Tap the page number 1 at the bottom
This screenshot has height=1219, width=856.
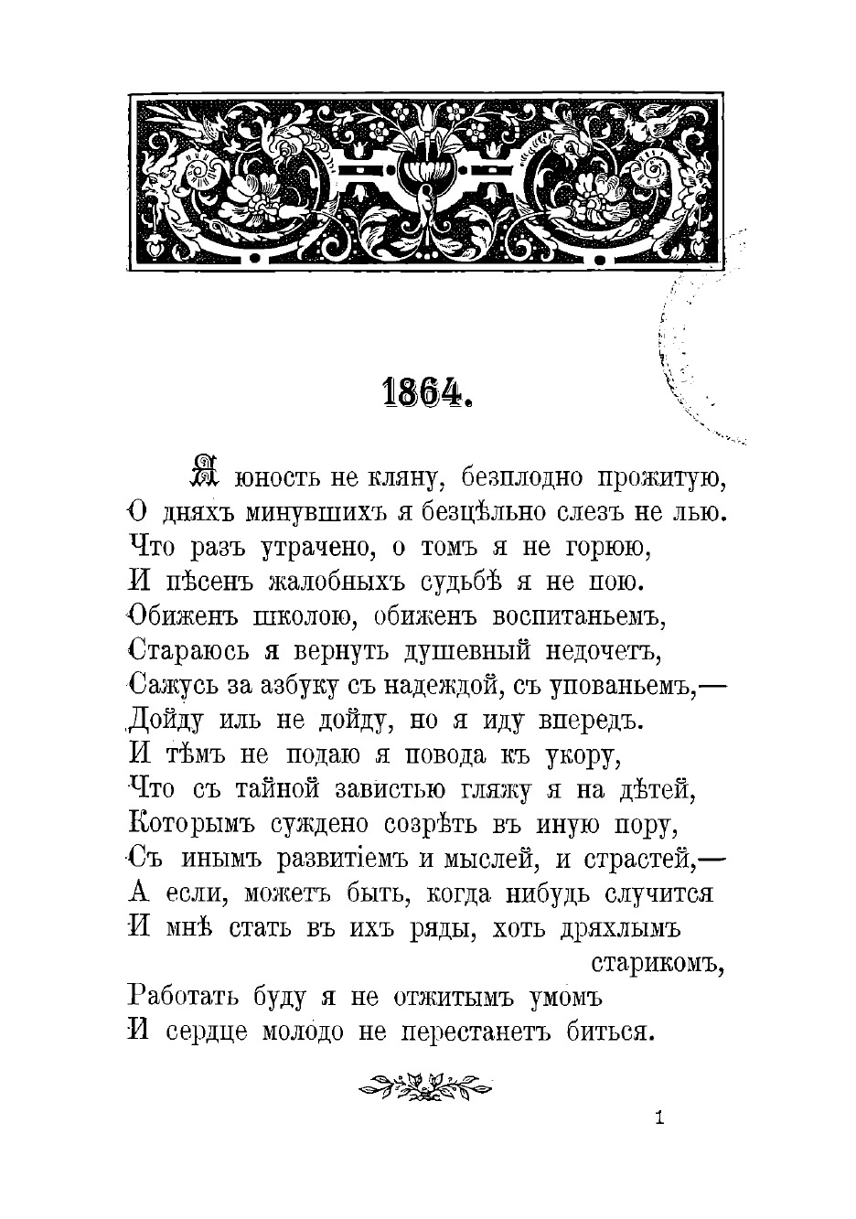click(x=658, y=1117)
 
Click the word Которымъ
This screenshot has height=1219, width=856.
click(x=190, y=825)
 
